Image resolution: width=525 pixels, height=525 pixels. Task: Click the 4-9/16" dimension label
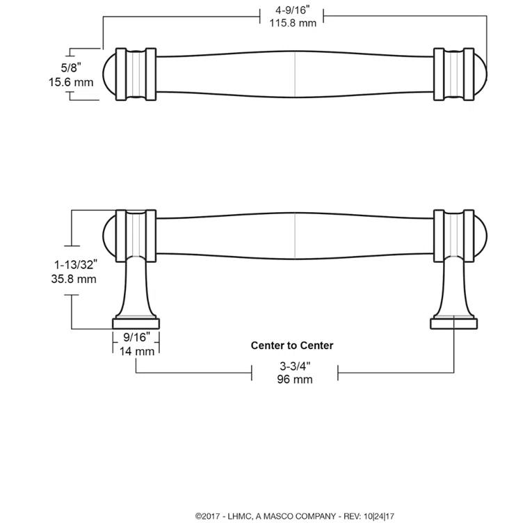[293, 11]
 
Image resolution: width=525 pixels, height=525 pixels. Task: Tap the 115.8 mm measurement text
[293, 24]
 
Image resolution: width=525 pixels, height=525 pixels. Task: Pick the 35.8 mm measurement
[74, 279]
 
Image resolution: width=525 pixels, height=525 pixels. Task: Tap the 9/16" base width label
[137, 339]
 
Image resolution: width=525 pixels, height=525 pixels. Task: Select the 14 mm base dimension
[136, 351]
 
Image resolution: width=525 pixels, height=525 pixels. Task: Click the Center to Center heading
[292, 346]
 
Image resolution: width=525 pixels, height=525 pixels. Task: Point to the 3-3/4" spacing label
[295, 366]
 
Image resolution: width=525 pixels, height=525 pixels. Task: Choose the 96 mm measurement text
[295, 379]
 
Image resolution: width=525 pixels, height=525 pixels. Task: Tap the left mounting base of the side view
[137, 323]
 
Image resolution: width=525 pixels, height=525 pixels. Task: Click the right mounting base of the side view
[453, 322]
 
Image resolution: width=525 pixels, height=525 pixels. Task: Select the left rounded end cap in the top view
[108, 75]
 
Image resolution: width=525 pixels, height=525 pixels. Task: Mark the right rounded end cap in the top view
[480, 75]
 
